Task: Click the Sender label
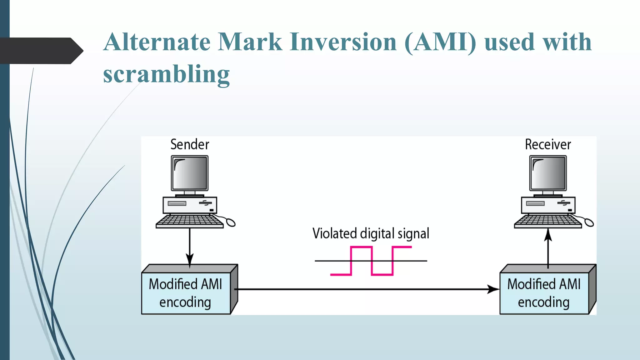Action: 190,145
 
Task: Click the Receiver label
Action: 548,145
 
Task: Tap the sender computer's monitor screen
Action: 190,173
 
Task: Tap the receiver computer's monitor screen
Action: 548,173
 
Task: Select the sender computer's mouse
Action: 231,222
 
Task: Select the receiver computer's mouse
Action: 589,222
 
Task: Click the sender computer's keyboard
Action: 189,221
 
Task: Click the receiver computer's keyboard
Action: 547,221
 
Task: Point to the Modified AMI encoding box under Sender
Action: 186,293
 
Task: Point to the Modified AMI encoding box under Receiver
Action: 544,293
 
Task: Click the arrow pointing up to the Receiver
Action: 548,250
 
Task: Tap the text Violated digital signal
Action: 371,234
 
